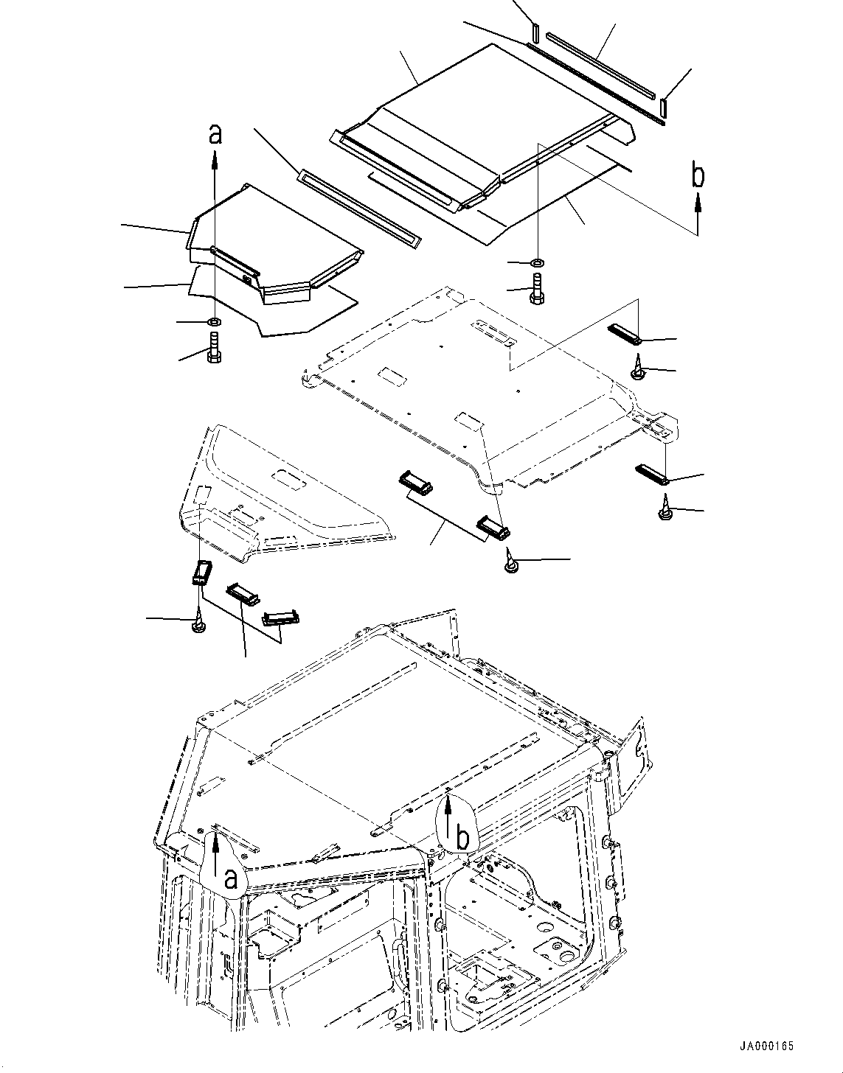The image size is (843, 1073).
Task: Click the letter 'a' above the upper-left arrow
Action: tap(215, 134)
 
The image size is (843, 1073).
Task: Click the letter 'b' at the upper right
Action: tap(698, 175)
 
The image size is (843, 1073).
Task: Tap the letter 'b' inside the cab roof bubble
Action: tap(462, 837)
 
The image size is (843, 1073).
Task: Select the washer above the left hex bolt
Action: tap(215, 321)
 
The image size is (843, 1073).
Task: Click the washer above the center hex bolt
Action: tap(537, 262)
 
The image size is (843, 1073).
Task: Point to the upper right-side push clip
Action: tap(639, 367)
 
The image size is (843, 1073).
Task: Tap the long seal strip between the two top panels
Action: tap(358, 207)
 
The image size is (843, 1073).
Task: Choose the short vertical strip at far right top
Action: tap(664, 106)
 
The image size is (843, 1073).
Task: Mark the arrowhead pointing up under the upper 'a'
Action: tap(215, 156)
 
